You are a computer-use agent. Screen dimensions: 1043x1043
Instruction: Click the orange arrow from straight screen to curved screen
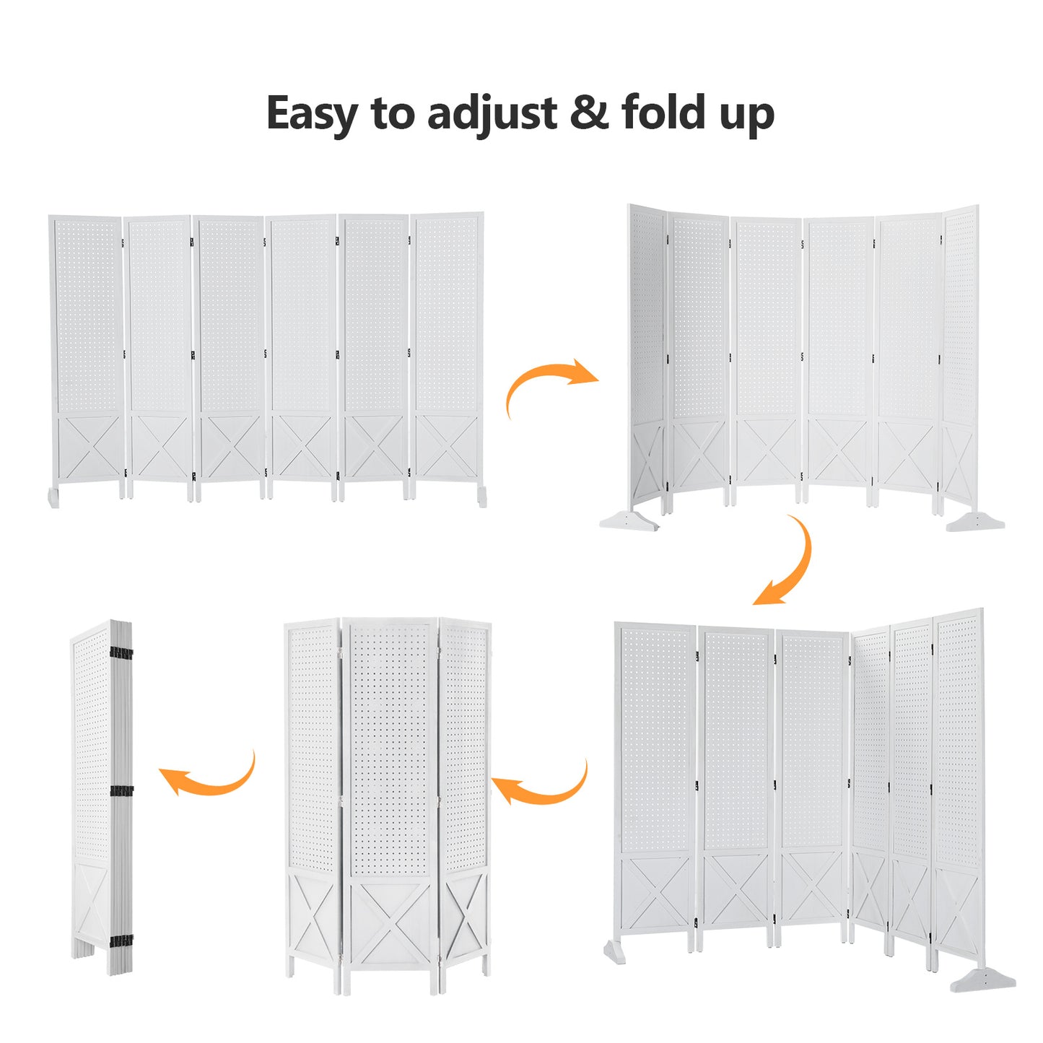pos(547,383)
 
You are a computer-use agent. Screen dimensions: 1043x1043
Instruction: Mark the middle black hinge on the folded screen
pos(122,791)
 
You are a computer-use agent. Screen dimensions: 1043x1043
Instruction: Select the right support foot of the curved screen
pos(975,523)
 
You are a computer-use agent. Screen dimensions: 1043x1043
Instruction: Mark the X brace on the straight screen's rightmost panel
pos(447,447)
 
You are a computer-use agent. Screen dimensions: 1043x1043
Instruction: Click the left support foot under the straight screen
pos(53,498)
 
